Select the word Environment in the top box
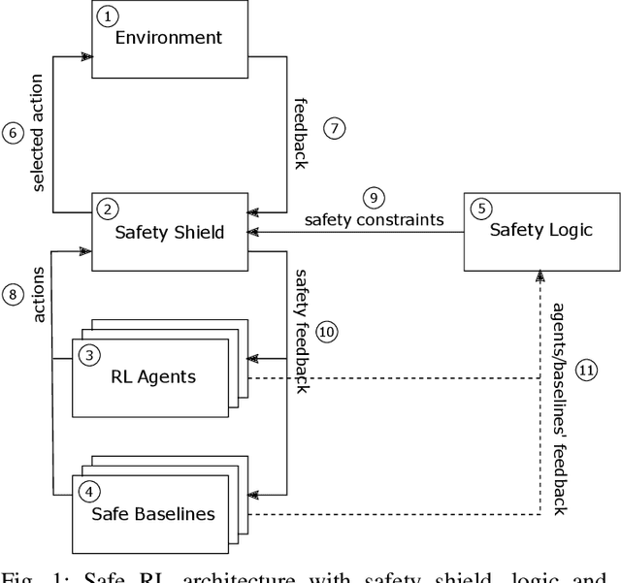tap(169, 39)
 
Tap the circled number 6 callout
tap(12, 132)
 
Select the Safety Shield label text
tap(170, 232)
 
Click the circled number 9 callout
tap(373, 200)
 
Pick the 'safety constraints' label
tap(374, 220)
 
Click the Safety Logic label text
tap(539, 230)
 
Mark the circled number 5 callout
tap(480, 207)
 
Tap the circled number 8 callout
tap(12, 294)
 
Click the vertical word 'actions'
tap(40, 294)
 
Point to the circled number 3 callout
tap(89, 355)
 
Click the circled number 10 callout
tap(326, 332)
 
